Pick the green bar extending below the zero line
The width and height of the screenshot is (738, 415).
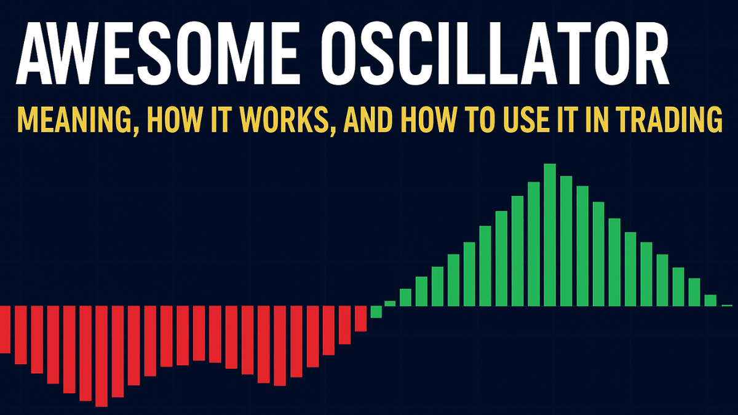click(376, 312)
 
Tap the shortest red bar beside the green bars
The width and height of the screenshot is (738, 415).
click(360, 318)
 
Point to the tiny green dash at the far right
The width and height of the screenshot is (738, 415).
click(727, 305)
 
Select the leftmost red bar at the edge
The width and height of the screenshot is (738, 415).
click(6, 329)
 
